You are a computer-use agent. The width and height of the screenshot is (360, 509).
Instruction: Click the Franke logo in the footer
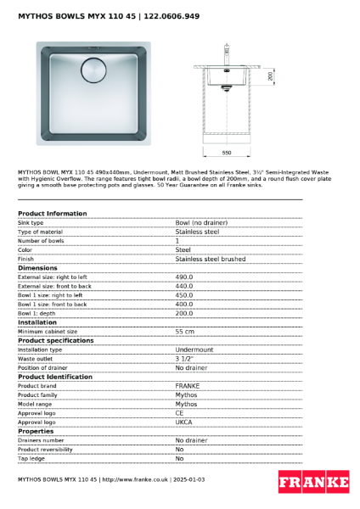click(313, 482)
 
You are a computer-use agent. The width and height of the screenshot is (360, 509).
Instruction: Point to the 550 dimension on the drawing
click(227, 153)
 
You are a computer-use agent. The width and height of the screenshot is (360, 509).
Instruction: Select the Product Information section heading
click(52, 213)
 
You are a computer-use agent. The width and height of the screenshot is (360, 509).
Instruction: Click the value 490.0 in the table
click(184, 277)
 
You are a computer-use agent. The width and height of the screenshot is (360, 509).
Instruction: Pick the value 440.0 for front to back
click(184, 286)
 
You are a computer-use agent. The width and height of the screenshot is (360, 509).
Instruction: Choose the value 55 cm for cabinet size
click(185, 331)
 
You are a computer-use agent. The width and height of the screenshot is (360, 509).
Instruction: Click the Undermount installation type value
click(194, 350)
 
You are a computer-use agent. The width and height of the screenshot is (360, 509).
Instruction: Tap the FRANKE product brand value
click(188, 385)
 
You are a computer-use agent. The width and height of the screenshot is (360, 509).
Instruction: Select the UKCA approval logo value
click(185, 422)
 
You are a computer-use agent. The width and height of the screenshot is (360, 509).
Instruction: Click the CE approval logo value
click(180, 412)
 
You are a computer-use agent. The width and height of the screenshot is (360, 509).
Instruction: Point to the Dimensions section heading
click(37, 267)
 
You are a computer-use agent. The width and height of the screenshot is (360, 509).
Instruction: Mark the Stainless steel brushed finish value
click(211, 259)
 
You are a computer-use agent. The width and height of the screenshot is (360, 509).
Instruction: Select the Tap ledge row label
click(31, 458)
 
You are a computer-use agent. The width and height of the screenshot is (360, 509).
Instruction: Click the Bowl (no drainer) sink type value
click(201, 222)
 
